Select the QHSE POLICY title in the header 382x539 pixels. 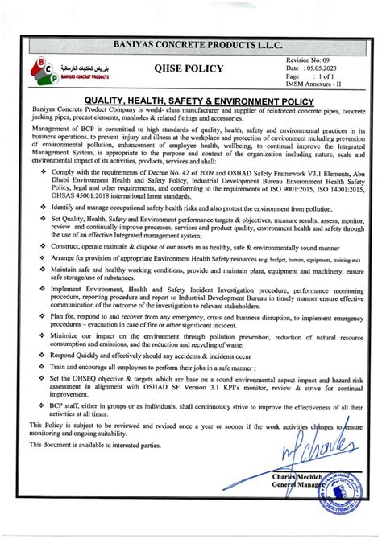[188, 69]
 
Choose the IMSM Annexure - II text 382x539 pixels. [314, 88]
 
